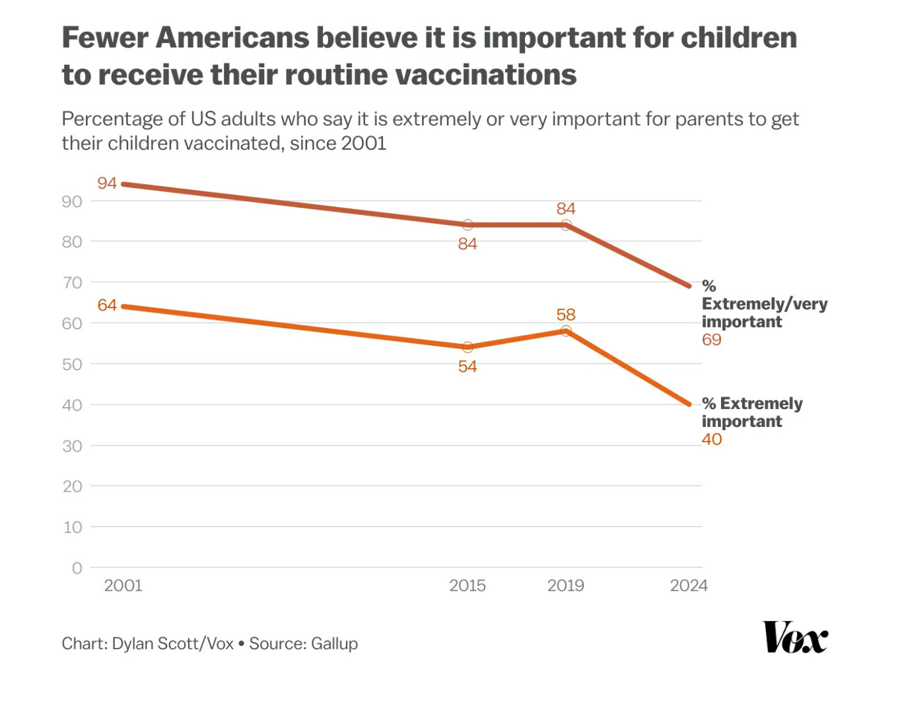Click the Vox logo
[794, 637]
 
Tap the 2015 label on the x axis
[467, 585]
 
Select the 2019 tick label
[566, 585]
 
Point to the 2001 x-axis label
[123, 585]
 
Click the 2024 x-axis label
[689, 585]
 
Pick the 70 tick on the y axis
[73, 282]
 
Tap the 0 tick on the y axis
[77, 568]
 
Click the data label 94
[107, 183]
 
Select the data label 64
[107, 305]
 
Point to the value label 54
[467, 366]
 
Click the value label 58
[566, 315]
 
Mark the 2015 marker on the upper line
[467, 225]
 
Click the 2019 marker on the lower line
[566, 331]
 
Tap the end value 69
[712, 340]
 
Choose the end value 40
[712, 439]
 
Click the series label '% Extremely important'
[752, 412]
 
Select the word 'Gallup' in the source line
[334, 643]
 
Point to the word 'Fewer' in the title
[104, 38]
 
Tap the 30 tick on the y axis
[73, 446]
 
